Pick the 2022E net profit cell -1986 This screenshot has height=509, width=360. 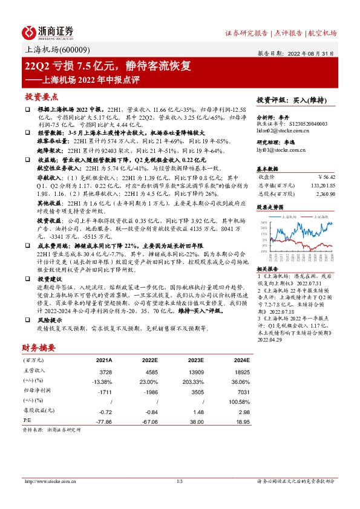point(149,392)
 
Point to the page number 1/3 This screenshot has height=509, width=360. point(180,481)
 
